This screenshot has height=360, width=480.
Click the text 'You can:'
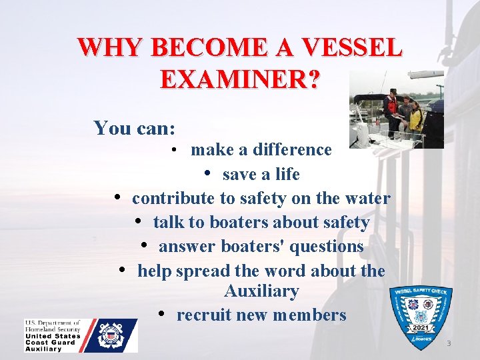pyautogui.click(x=135, y=128)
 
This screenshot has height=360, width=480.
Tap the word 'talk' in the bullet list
pyautogui.click(x=168, y=223)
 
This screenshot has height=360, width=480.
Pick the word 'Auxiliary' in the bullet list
pyautogui.click(x=261, y=292)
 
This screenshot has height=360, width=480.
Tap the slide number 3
pyautogui.click(x=449, y=343)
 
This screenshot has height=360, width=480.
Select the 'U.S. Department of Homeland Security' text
pyautogui.click(x=53, y=327)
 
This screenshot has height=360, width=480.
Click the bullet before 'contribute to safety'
pyautogui.click(x=117, y=198)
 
